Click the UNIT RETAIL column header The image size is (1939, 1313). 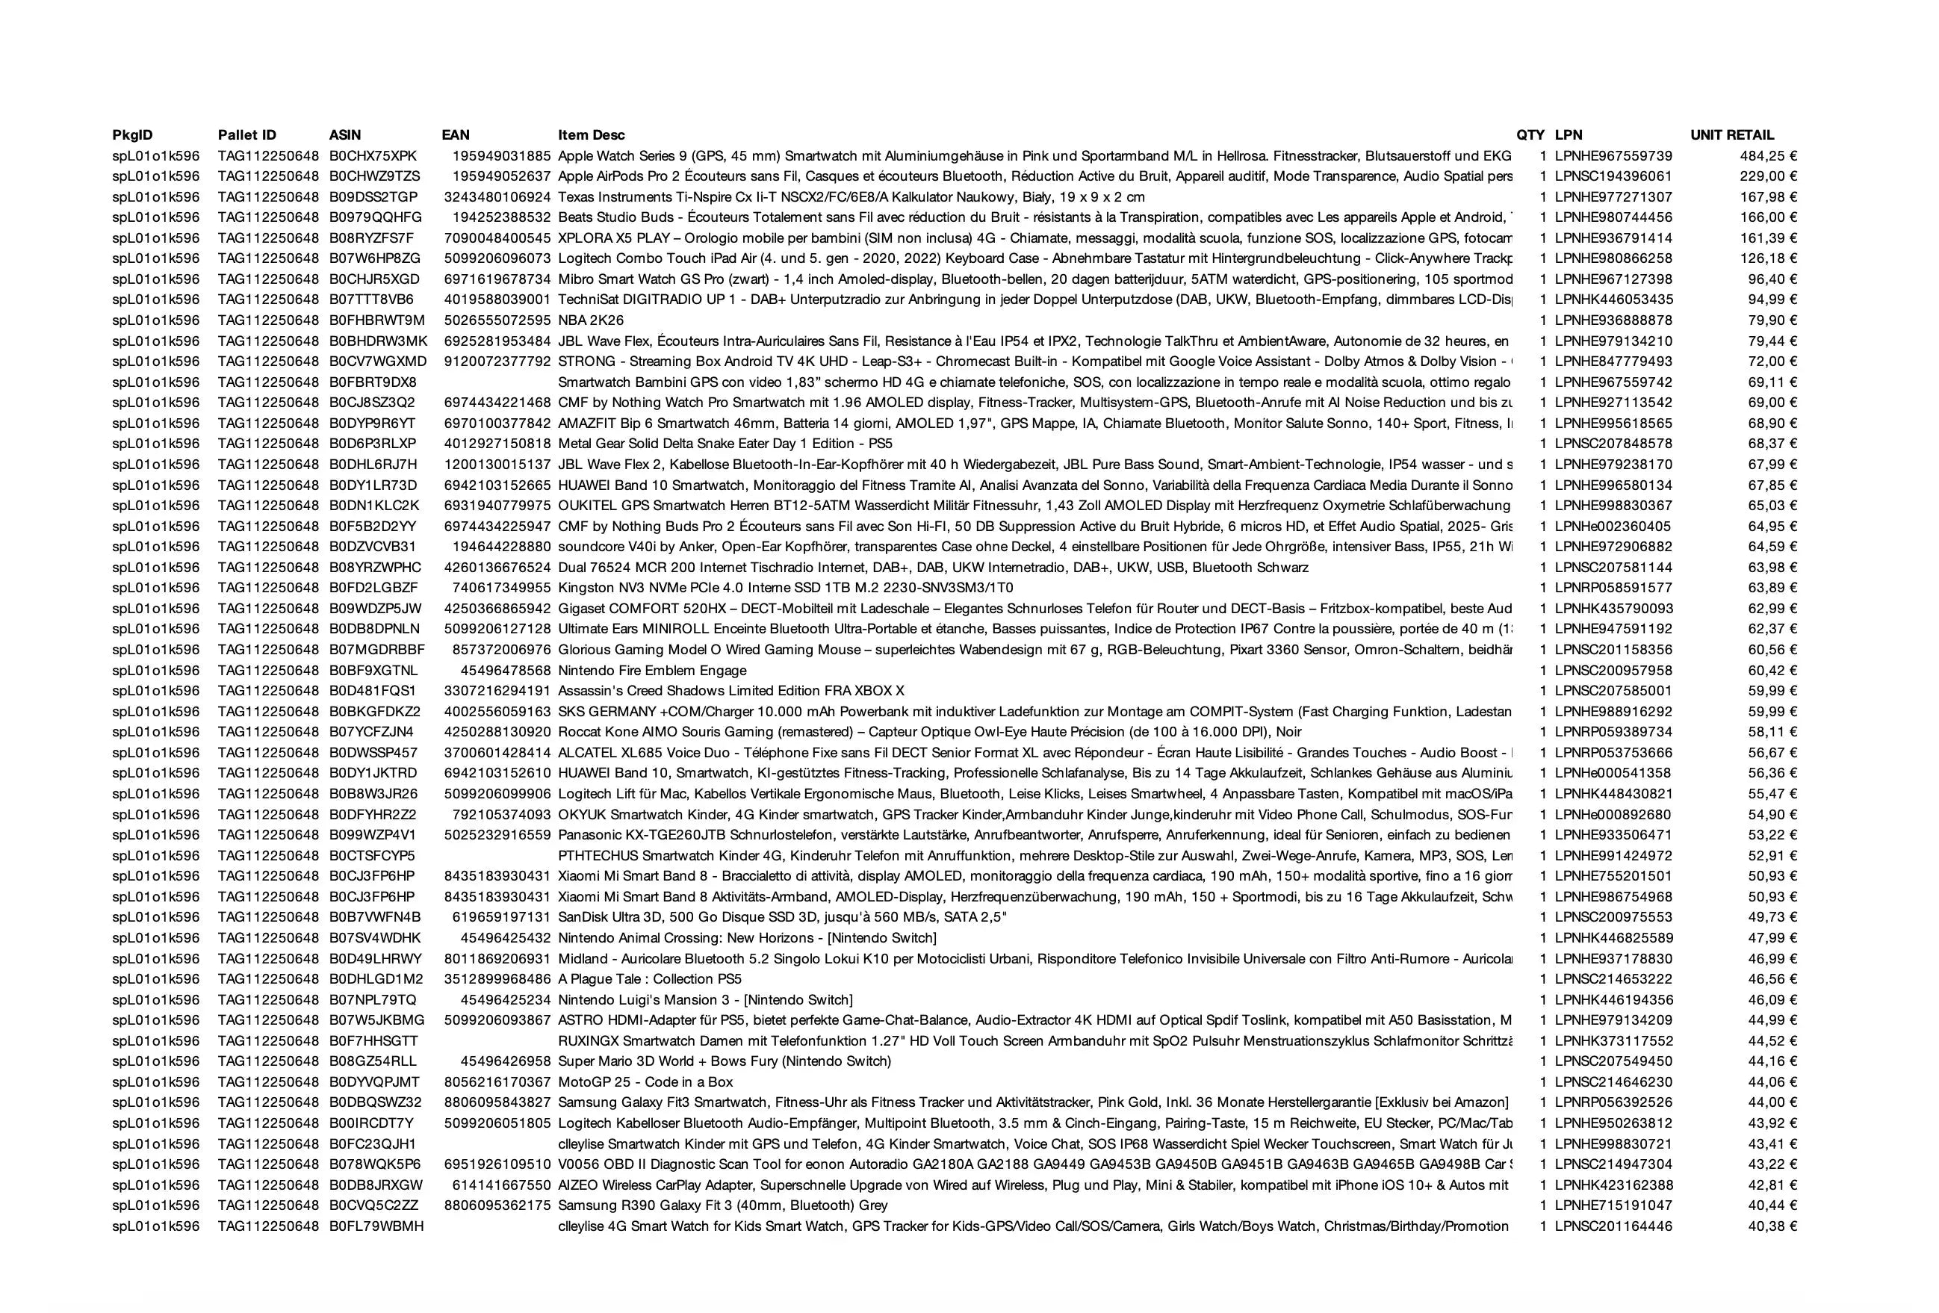pyautogui.click(x=1731, y=135)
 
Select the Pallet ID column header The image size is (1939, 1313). pyautogui.click(x=247, y=135)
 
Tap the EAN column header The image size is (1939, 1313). pyautogui.click(x=456, y=135)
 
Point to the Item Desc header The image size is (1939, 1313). pyautogui.click(x=591, y=135)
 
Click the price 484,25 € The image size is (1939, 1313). pyautogui.click(x=1768, y=156)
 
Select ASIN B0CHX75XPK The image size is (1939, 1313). pyautogui.click(x=372, y=156)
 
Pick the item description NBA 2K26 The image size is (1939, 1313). pyautogui.click(x=591, y=320)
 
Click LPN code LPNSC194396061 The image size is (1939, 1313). pyautogui.click(x=1613, y=176)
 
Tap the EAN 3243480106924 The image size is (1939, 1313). pyautogui.click(x=497, y=197)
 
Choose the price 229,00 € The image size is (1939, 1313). pyautogui.click(x=1768, y=176)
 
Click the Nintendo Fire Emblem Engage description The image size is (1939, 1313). pyautogui.click(x=651, y=671)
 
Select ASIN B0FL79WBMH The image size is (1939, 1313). pyautogui.click(x=376, y=1226)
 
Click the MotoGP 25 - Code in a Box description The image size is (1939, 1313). pyautogui.click(x=645, y=1082)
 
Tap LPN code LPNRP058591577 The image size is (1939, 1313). pyautogui.click(x=1613, y=588)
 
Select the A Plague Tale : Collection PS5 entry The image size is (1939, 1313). pyautogui.click(x=649, y=979)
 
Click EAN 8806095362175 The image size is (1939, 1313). pyautogui.click(x=497, y=1205)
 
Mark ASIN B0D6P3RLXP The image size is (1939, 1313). pyautogui.click(x=372, y=444)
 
